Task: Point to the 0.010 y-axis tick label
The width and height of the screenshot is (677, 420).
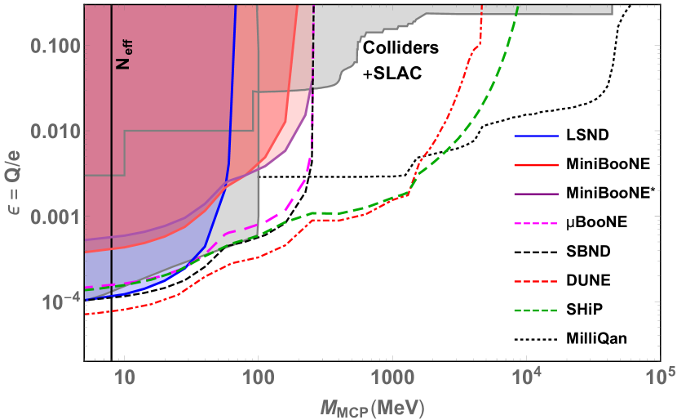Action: point(53,131)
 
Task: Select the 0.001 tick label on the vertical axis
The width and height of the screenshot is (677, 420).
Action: point(53,217)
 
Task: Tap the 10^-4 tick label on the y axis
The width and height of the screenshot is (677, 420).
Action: point(57,302)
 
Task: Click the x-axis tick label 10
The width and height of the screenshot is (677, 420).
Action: point(124,380)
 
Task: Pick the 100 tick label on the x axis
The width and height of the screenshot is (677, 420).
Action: point(258,380)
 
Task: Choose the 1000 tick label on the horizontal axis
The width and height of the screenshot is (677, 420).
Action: point(392,380)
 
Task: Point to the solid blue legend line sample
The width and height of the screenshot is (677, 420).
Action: point(536,136)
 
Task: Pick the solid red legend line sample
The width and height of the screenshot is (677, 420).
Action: point(536,165)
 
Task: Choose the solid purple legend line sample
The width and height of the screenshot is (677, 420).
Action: point(536,194)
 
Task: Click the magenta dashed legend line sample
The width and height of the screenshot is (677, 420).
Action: point(536,223)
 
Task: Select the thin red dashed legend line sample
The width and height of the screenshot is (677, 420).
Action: point(536,282)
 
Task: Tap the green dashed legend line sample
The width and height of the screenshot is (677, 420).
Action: point(536,311)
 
